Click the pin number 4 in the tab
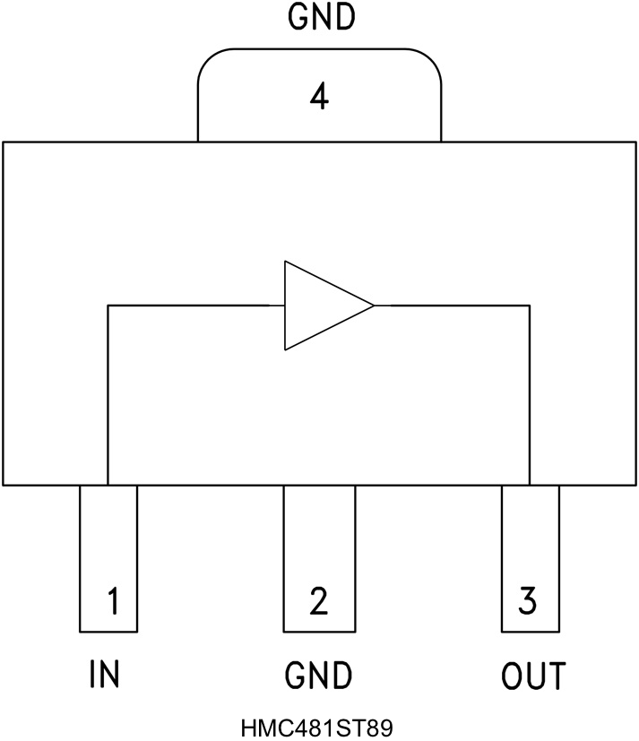[x=318, y=96]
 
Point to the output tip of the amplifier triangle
[x=373, y=306]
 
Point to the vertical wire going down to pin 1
[x=108, y=394]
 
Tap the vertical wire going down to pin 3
[x=530, y=394]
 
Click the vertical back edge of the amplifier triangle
[x=285, y=306]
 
